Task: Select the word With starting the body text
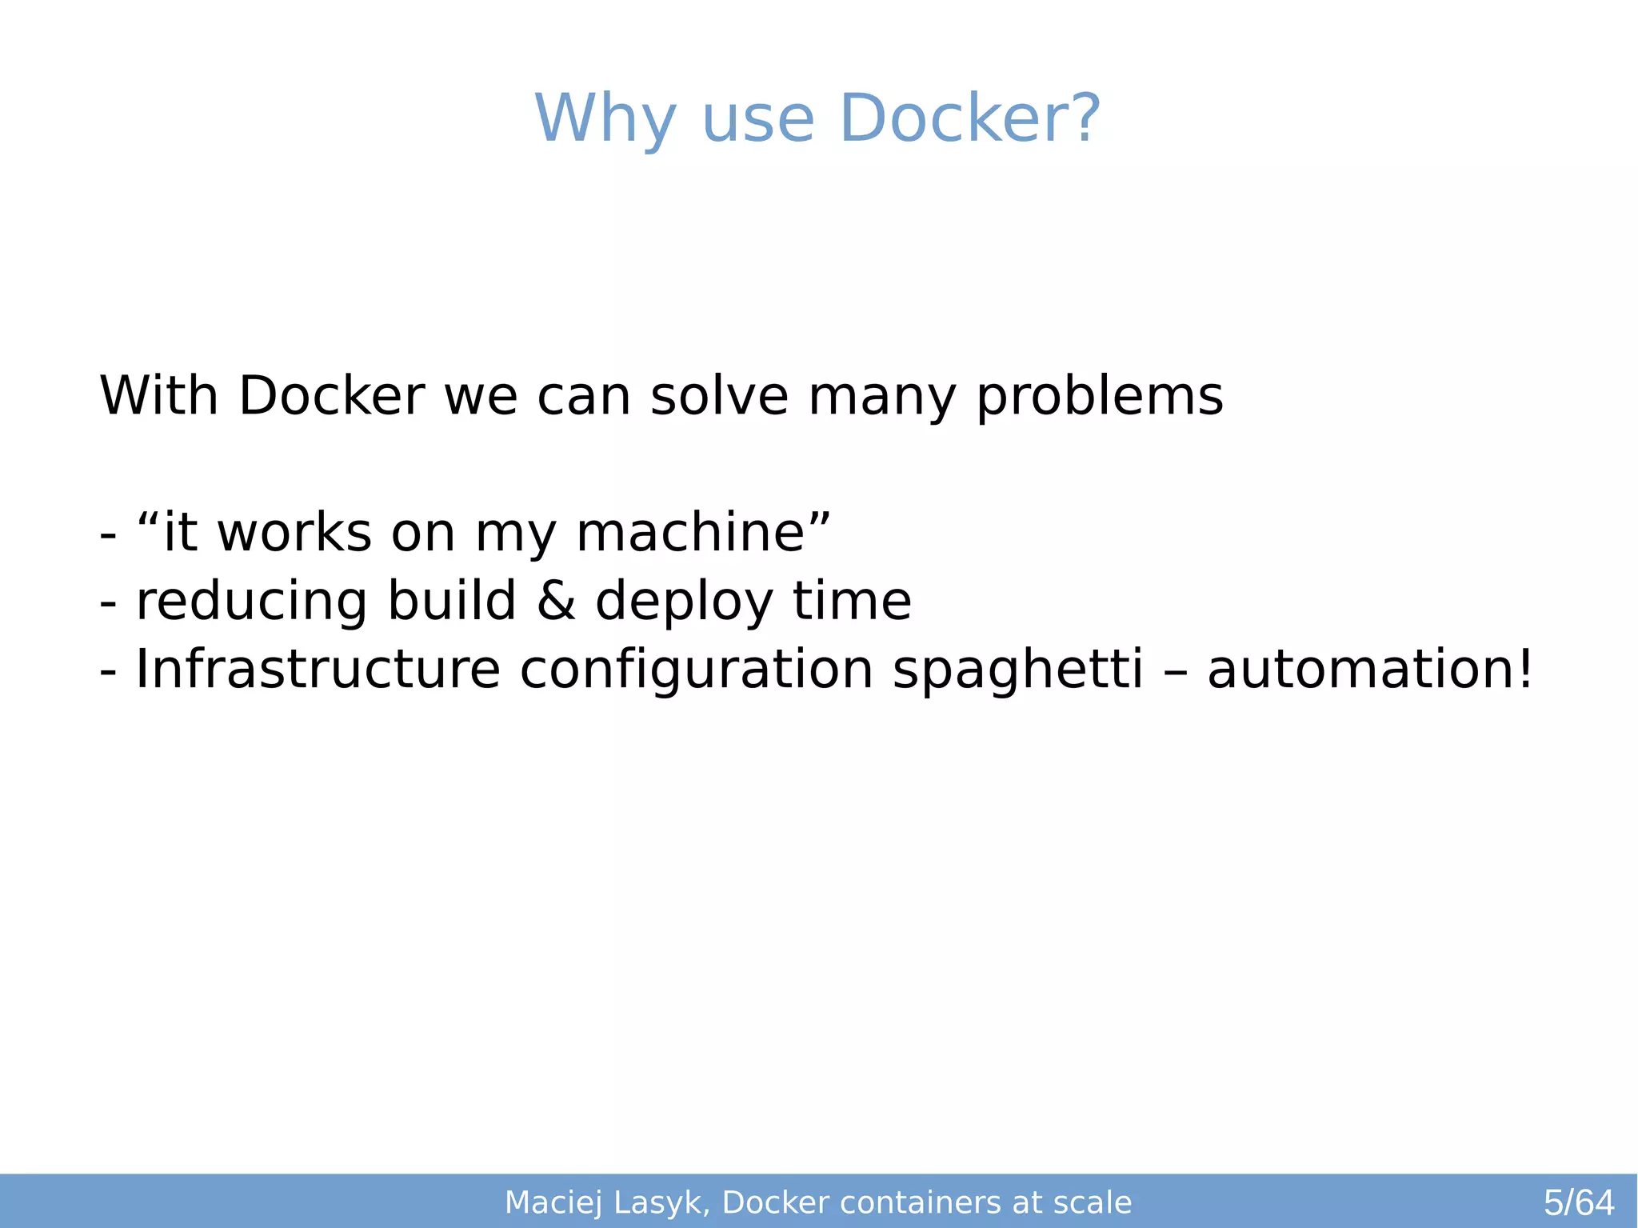pos(158,395)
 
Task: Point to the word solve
pos(719,395)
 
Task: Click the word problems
pos(1100,395)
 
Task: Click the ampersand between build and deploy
pos(556,601)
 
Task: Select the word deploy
pos(685,601)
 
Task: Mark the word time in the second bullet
pos(852,601)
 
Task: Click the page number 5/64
pos(1578,1202)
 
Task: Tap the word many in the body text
pos(882,395)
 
